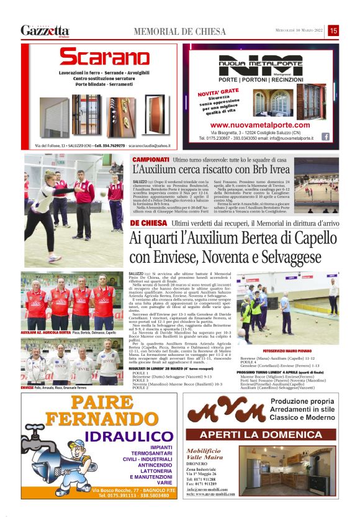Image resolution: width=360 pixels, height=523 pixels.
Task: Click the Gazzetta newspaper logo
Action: tap(45, 30)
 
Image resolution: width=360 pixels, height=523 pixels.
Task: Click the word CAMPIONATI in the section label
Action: tap(150, 159)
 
